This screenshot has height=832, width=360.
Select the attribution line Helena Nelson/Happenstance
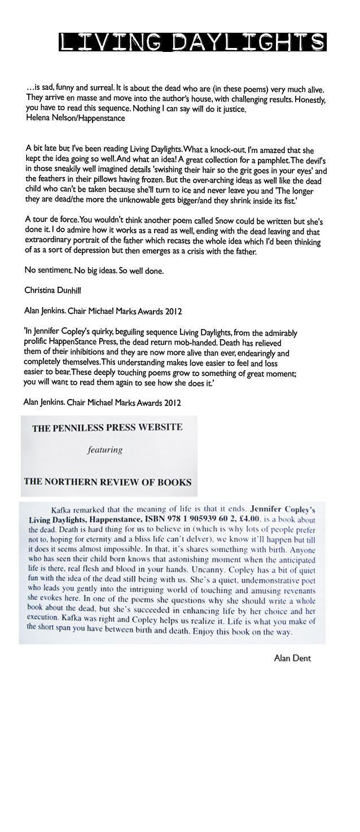tap(75, 119)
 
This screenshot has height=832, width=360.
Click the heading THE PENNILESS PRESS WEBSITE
tap(107, 427)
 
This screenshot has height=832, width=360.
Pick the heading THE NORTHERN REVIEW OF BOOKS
tap(107, 482)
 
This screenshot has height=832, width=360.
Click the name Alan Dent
tap(292, 658)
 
